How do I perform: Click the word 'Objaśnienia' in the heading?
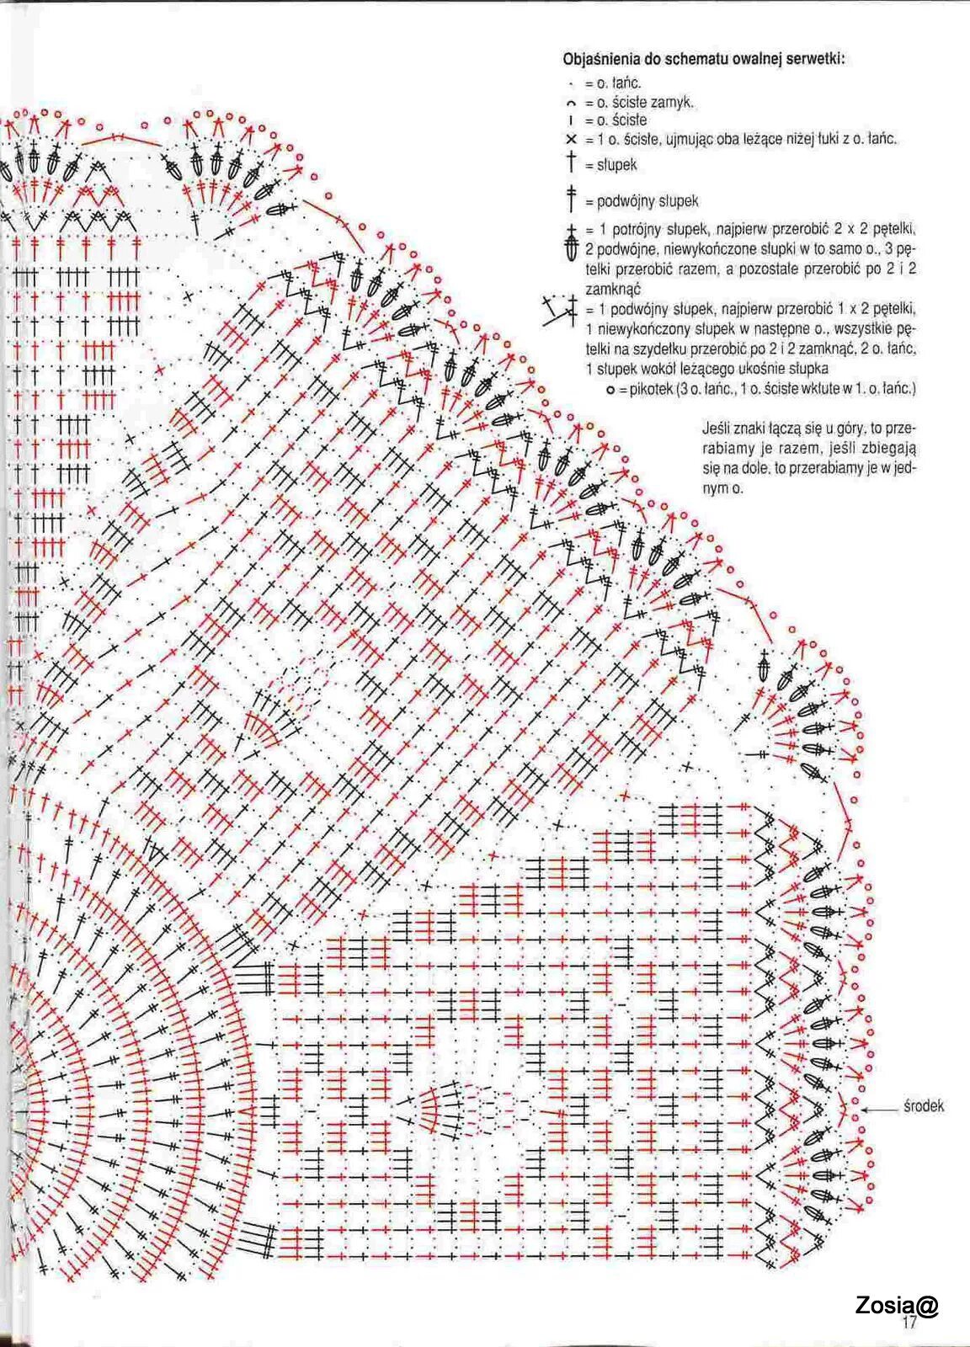pos(595,60)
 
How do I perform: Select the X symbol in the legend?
pos(571,140)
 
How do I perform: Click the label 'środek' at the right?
pos(923,1106)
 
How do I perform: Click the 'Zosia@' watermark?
pos(897,1306)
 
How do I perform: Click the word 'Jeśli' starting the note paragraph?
pos(714,429)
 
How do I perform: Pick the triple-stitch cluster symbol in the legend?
pos(571,241)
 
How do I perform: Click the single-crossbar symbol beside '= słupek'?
pos(571,162)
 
